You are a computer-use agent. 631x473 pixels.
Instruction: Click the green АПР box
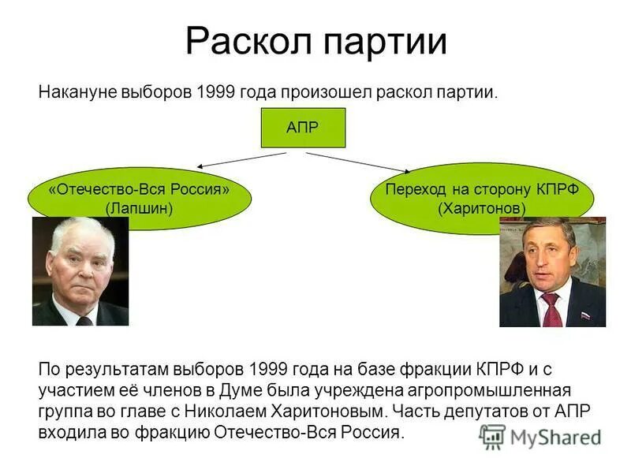coord(303,128)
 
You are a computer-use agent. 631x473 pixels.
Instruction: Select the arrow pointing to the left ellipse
coord(241,160)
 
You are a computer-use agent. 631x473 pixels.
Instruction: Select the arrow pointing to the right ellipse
coord(357,162)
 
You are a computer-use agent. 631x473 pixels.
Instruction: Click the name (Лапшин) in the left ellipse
coord(139,208)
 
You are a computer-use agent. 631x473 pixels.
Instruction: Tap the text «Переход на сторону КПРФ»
coord(482,190)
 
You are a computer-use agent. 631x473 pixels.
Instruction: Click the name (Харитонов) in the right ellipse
coord(482,208)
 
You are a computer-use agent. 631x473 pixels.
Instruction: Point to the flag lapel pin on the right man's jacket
coord(585,315)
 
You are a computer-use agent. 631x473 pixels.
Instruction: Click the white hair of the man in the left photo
coord(80,231)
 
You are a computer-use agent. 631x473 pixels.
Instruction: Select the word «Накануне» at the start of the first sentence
coord(77,92)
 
